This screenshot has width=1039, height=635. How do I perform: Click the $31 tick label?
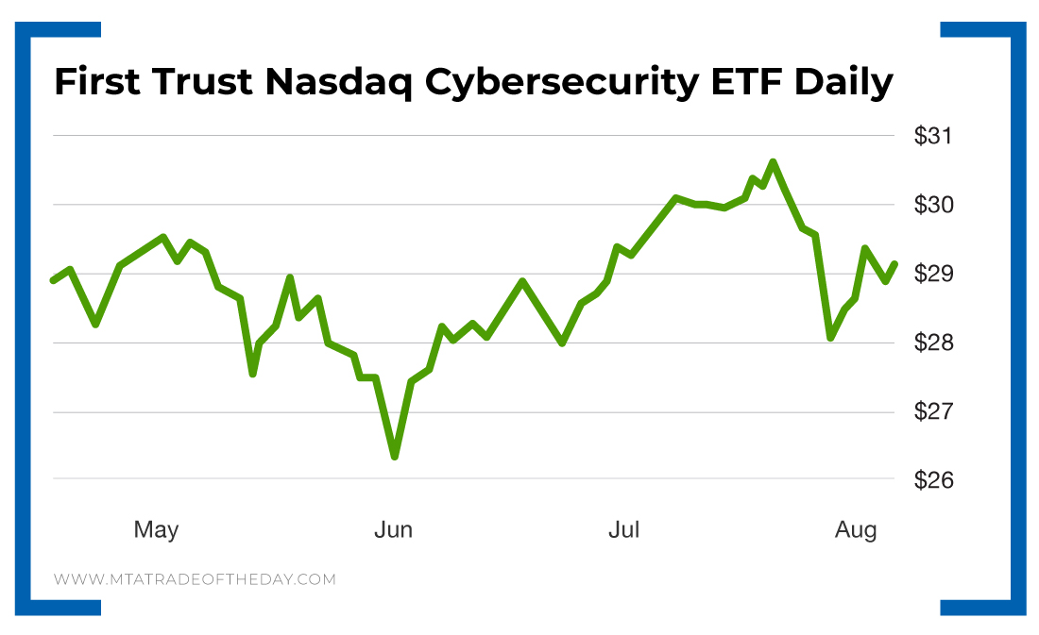tap(933, 136)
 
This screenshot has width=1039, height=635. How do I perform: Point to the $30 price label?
tap(933, 205)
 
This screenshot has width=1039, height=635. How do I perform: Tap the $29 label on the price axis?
tap(933, 275)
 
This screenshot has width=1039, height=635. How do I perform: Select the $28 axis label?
tap(933, 343)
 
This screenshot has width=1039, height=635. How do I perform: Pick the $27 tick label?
tap(933, 412)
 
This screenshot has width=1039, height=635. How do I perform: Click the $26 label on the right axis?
tap(933, 480)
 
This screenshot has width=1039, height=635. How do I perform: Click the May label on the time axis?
tap(156, 530)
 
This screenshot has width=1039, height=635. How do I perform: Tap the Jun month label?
tap(393, 530)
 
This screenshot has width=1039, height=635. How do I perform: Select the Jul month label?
tap(623, 530)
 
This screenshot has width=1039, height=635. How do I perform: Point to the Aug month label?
tap(856, 530)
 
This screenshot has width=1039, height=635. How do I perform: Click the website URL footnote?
tap(195, 579)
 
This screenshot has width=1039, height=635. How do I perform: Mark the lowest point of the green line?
tap(394, 457)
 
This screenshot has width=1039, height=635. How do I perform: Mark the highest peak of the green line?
tap(773, 162)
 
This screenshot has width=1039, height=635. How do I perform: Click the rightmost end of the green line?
tap(894, 264)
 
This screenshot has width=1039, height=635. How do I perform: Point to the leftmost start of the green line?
tap(53, 280)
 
